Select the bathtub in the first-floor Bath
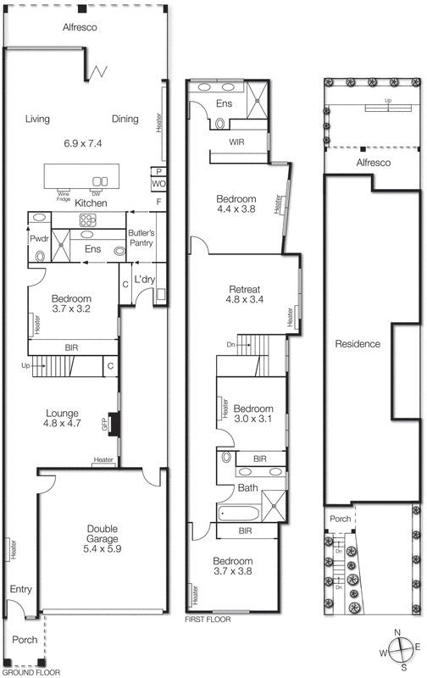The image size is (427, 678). [x=237, y=514]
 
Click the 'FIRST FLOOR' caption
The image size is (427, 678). [x=208, y=620]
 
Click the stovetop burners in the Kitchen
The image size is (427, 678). [x=89, y=220]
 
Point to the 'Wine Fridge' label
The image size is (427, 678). [x=64, y=194]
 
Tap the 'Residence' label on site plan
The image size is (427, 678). [x=358, y=344]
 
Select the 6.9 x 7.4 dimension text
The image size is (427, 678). [x=82, y=143]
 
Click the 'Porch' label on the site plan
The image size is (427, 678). [x=341, y=520]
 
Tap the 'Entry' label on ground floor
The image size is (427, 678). [x=19, y=588]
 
